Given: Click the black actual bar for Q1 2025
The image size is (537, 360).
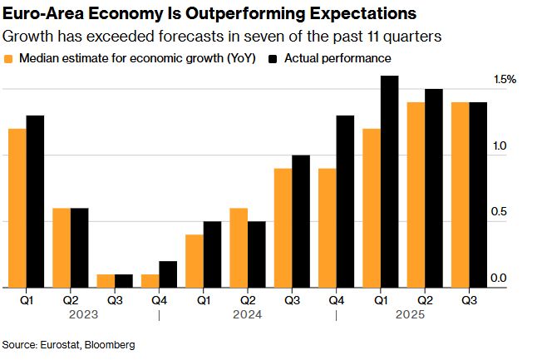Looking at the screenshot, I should coord(389,181).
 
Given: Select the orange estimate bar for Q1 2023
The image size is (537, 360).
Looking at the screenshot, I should coord(17,208).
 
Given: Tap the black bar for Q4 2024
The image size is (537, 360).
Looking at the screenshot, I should coord(345,201).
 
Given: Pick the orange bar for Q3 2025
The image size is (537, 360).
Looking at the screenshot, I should coord(459,195).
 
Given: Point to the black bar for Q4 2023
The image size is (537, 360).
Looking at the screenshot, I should coord(168,274).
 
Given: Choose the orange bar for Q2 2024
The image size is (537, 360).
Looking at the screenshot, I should coord(238,248).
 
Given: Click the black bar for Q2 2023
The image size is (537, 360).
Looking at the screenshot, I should coord(79,248).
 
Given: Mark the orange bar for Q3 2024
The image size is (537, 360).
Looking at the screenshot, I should coord(283,228).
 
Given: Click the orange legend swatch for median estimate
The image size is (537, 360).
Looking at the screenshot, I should coord(9,59).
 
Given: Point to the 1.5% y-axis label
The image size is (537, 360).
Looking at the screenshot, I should coord(505,80).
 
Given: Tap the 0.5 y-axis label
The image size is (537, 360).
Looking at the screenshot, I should coord(497,213).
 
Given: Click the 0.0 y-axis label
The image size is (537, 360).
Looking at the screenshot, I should coord(497,279).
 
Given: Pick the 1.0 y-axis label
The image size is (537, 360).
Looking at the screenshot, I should coord(497,146).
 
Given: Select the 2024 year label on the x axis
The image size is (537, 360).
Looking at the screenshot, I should coord(248,315).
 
